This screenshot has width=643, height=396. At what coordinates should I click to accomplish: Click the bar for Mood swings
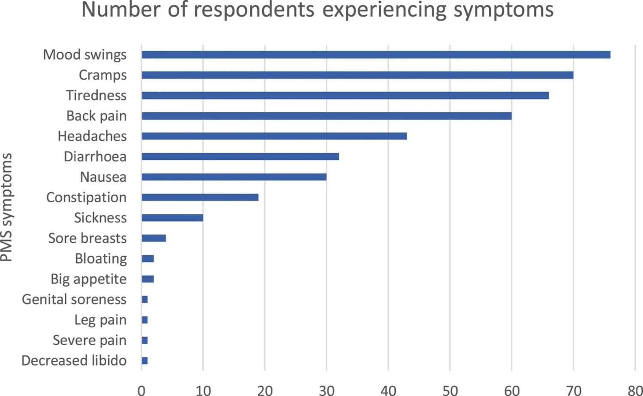click(x=376, y=54)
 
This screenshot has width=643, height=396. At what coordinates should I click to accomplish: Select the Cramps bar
click(x=358, y=75)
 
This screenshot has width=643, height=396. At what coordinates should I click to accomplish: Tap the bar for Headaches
click(x=274, y=136)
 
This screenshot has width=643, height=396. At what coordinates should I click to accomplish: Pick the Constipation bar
click(x=200, y=198)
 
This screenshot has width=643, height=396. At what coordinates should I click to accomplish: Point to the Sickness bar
click(x=172, y=218)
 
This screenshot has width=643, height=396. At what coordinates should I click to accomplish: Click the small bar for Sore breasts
click(x=154, y=238)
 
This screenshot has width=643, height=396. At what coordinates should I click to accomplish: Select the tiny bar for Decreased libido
click(x=145, y=361)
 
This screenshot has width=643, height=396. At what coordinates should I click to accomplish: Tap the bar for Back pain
click(x=327, y=116)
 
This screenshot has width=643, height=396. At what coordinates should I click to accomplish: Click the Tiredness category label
click(x=96, y=95)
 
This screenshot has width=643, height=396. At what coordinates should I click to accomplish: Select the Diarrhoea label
click(x=95, y=157)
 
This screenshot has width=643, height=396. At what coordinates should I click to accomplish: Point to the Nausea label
click(x=103, y=177)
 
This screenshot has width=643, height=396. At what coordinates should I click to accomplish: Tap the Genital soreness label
click(x=74, y=299)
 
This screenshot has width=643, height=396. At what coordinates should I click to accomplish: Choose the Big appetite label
click(x=89, y=279)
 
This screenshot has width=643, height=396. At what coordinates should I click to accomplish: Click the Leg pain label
click(x=100, y=320)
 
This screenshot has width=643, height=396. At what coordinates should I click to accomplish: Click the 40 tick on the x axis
click(x=388, y=390)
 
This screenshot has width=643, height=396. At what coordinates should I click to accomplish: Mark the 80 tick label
click(x=635, y=390)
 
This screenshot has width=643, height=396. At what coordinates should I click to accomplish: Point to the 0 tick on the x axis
click(x=141, y=390)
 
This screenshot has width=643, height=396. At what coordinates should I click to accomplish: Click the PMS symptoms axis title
click(x=6, y=207)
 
